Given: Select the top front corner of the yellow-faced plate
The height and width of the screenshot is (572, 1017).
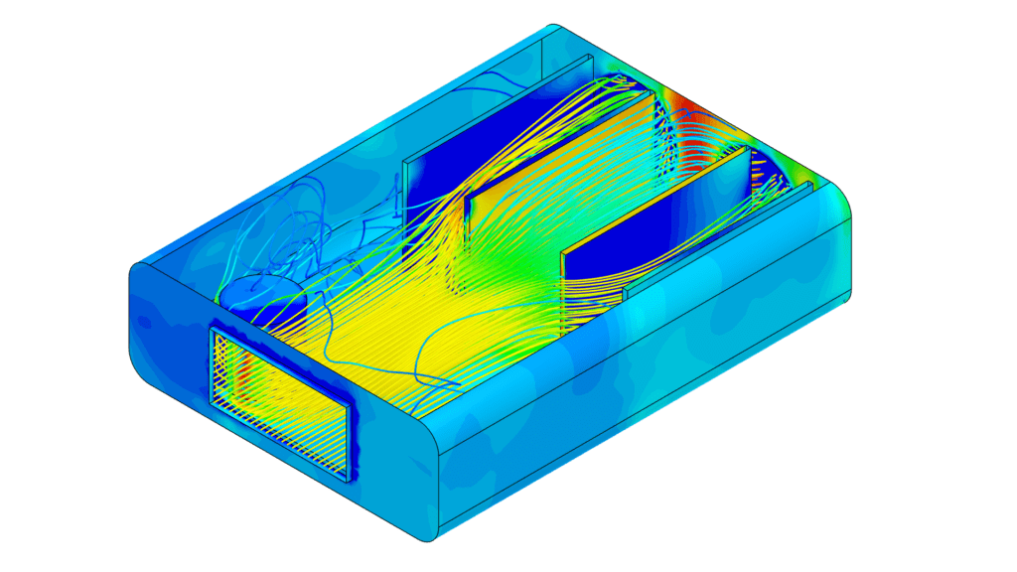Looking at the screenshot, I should pos(467,194).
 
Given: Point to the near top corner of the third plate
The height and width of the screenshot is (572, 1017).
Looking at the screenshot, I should pos(564,252).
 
